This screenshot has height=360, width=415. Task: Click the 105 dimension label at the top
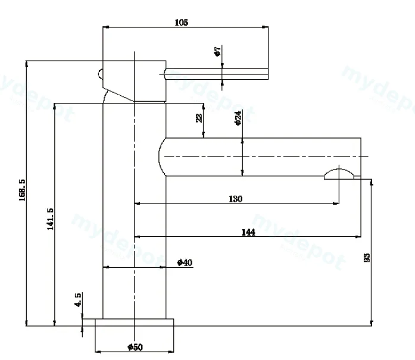pyautogui.click(x=182, y=23)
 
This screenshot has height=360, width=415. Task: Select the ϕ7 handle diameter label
pyautogui.click(x=217, y=51)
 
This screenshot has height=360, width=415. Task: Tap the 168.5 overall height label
pyautogui.click(x=22, y=190)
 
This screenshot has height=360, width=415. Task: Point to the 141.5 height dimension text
pyautogui.click(x=50, y=219)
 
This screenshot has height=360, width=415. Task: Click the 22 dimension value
pyautogui.click(x=199, y=118)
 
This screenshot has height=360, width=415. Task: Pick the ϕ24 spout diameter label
pyautogui.click(x=238, y=118)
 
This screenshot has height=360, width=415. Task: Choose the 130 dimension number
pyautogui.click(x=235, y=199)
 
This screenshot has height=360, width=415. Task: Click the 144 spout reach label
pyautogui.click(x=248, y=232)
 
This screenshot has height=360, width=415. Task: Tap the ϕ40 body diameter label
pyautogui.click(x=185, y=262)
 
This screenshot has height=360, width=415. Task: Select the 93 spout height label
pyautogui.click(x=367, y=258)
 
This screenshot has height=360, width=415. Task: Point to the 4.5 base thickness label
pyautogui.click(x=78, y=300)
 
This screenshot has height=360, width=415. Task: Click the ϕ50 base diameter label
pyautogui.click(x=135, y=347)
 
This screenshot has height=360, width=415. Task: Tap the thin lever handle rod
pyautogui.click(x=216, y=74)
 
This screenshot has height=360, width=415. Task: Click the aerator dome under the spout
pyautogui.click(x=339, y=174)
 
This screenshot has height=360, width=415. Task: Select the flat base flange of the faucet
pyautogui.click(x=135, y=323)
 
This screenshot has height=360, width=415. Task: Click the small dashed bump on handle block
pyautogui.click(x=100, y=74)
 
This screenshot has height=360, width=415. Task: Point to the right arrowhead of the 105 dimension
pyautogui.click(x=265, y=27)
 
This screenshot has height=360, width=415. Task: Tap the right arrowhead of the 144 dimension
pyautogui.click(x=358, y=237)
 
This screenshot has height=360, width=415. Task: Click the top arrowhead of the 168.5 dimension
pyautogui.click(x=26, y=64)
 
